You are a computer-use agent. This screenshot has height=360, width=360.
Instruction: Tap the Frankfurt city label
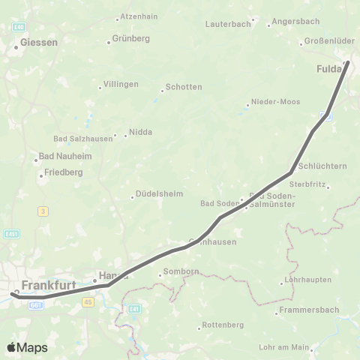[50, 286]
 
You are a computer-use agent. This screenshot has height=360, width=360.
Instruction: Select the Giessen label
[39, 43]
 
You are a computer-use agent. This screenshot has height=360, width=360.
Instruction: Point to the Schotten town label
[184, 87]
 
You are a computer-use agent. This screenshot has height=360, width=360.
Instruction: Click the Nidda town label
[141, 132]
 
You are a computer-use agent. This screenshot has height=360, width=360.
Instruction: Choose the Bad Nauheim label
[60, 159]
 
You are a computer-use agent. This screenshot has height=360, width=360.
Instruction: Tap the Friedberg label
[64, 172]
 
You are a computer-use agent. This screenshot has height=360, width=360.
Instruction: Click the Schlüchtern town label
[322, 166]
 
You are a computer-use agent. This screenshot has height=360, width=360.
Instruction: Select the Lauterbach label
[228, 24]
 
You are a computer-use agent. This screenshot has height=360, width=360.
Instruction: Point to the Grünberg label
[130, 38]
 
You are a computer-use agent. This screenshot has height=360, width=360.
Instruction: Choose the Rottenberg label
[223, 325]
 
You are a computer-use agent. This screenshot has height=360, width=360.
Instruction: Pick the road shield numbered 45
[88, 302]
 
